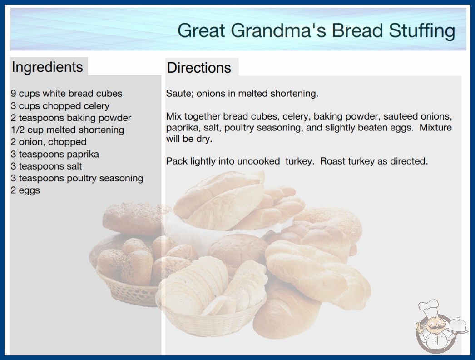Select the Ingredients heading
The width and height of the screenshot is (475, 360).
tap(47, 67)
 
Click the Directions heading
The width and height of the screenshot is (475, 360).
tap(199, 68)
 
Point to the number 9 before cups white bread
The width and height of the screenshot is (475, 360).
tap(13, 94)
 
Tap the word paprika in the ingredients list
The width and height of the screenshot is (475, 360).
tap(83, 155)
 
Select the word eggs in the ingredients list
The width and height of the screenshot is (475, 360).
tap(30, 191)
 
